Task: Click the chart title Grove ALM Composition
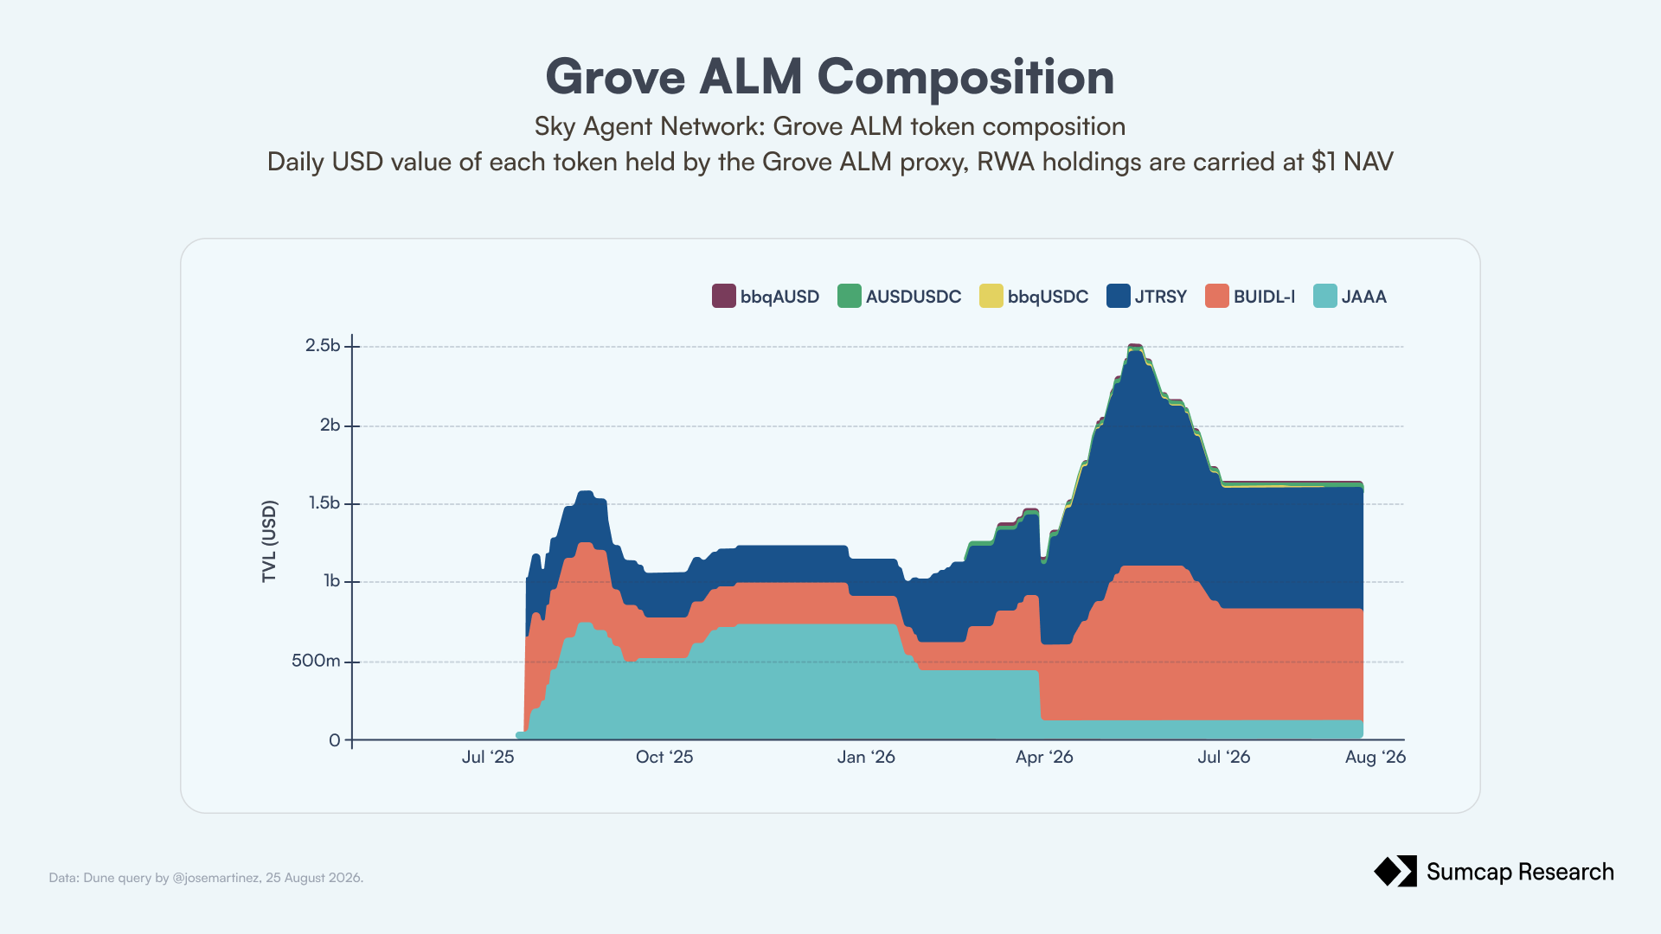click(x=830, y=77)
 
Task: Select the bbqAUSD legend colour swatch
click(x=724, y=296)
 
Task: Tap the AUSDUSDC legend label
click(x=914, y=297)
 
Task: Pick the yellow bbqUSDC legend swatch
click(x=991, y=296)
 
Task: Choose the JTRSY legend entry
click(x=1147, y=296)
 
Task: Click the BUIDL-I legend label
click(x=1264, y=297)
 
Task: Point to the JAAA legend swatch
click(x=1325, y=296)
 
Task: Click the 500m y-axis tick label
click(x=316, y=661)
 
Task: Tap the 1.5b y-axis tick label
click(x=324, y=503)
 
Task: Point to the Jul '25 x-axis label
click(x=488, y=757)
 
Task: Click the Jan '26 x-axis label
click(x=866, y=757)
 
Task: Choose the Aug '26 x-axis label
click(x=1376, y=757)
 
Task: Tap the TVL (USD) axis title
click(x=269, y=541)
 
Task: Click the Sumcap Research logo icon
click(x=1395, y=872)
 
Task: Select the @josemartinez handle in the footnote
click(x=215, y=878)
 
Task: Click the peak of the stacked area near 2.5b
click(x=1135, y=345)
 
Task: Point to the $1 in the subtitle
click(x=1324, y=162)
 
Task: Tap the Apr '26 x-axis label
click(x=1044, y=757)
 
